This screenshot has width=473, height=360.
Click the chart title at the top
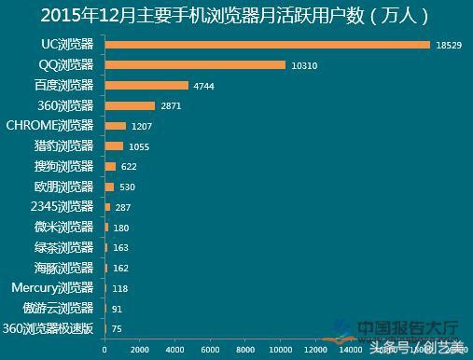pyautogui.click(x=236, y=16)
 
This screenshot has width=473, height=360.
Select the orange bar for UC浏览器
pyautogui.click(x=267, y=45)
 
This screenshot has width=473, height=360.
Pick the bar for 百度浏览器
pyautogui.click(x=146, y=86)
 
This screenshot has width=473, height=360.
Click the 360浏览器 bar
pyautogui.click(x=130, y=105)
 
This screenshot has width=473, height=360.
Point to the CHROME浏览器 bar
pyautogui.click(x=115, y=126)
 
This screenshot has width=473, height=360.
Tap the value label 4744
pyautogui.click(x=203, y=86)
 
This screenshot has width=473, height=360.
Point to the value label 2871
pyautogui.click(x=170, y=106)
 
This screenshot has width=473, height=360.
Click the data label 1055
pyautogui.click(x=137, y=146)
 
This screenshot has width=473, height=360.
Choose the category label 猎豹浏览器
pyautogui.click(x=63, y=145)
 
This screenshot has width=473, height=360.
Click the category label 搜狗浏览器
pyautogui.click(x=63, y=166)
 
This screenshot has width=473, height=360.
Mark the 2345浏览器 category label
pyautogui.click(x=62, y=206)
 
